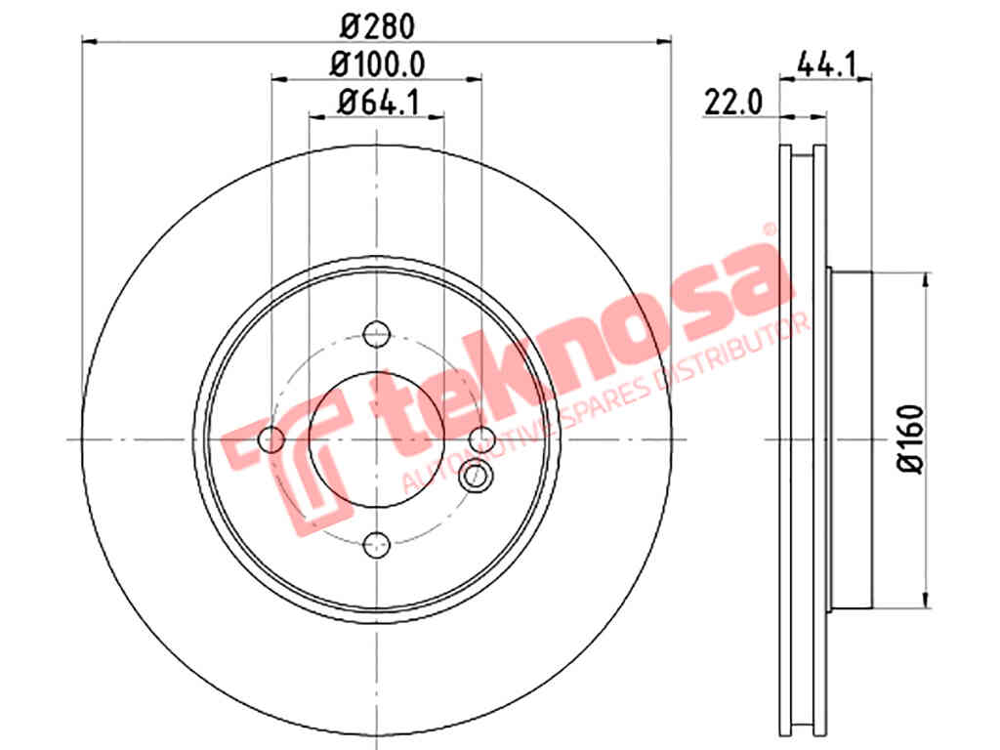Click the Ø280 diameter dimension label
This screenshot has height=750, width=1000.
[x=377, y=26]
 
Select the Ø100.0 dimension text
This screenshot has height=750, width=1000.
[x=377, y=64]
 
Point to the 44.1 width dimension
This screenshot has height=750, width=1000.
[x=826, y=64]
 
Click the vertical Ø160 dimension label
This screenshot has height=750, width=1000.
[x=911, y=438]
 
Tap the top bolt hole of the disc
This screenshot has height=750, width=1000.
[x=376, y=334]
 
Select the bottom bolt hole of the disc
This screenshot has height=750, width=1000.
[x=376, y=545]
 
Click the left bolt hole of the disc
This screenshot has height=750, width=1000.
[x=271, y=439]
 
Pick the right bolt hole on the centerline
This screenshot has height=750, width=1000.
[x=481, y=439]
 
